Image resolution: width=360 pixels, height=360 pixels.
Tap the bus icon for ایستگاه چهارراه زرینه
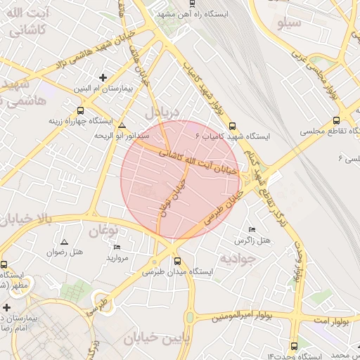81,110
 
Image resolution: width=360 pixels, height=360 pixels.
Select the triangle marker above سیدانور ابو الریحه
122,124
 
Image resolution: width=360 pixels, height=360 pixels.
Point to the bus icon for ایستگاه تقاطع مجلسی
337,120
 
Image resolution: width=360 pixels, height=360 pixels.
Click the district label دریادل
162,112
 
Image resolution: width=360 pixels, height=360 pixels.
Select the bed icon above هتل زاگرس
252,230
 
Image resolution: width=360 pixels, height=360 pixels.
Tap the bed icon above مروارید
117,247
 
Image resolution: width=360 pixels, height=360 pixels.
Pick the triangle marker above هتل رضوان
65,241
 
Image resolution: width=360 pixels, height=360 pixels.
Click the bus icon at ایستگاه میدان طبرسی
177,260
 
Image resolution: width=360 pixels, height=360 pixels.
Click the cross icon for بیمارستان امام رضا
6,307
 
